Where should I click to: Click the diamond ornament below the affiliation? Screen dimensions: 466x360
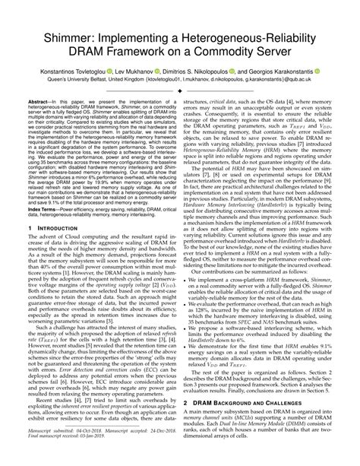click(180, 108)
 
